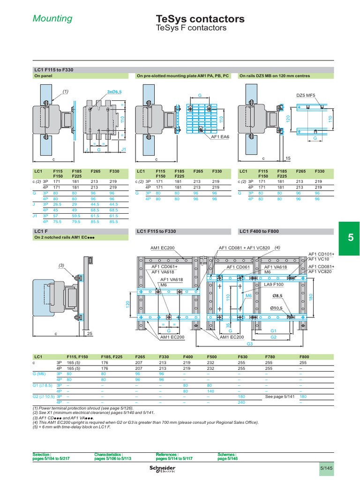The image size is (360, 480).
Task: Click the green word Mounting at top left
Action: pyautogui.click(x=52, y=19)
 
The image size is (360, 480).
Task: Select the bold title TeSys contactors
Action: pyautogui.click(x=200, y=19)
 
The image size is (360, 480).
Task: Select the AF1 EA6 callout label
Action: pyautogui.click(x=220, y=137)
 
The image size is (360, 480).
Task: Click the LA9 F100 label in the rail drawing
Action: pyautogui.click(x=274, y=285)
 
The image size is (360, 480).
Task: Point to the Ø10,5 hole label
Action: pyautogui.click(x=277, y=307)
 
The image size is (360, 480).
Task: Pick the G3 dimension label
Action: pyautogui.click(x=250, y=344)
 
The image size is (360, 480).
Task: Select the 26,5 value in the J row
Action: pyautogui.click(x=58, y=204)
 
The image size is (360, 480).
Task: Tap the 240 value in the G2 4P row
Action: pyautogui.click(x=242, y=402)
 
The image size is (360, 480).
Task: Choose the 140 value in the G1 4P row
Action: pyautogui.click(x=211, y=390)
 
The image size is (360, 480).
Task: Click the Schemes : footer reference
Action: pyautogui.click(x=228, y=454)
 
